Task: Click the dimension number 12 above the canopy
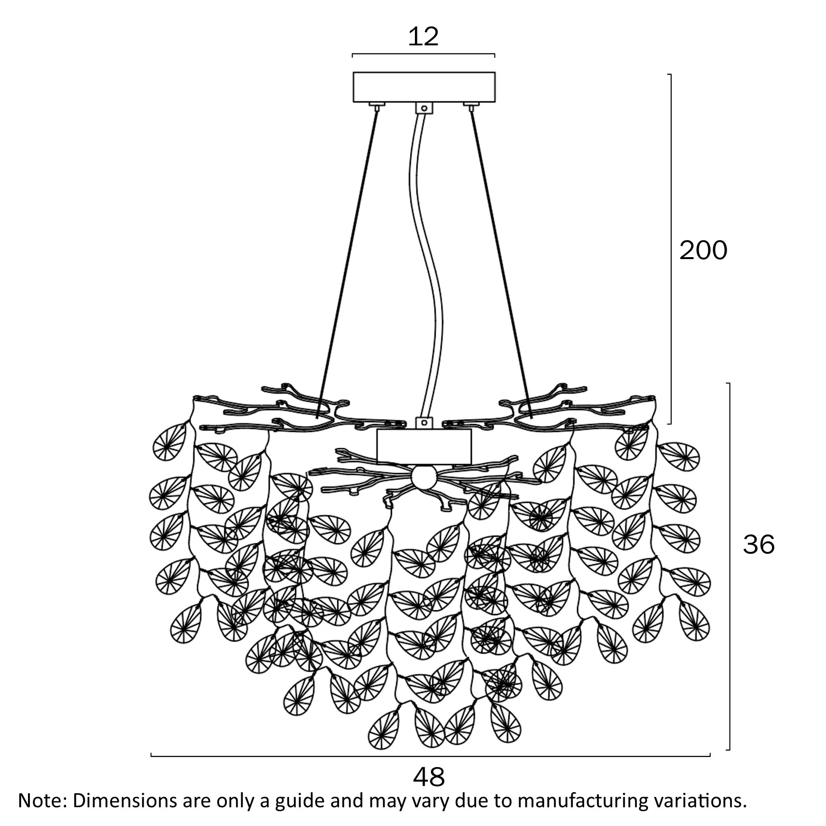click(423, 37)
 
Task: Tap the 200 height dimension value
click(703, 250)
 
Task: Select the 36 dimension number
click(758, 544)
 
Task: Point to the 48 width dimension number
click(429, 776)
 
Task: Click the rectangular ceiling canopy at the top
click(424, 87)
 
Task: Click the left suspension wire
click(347, 263)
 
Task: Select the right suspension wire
click(501, 263)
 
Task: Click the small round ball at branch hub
click(423, 477)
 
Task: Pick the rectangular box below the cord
click(424, 446)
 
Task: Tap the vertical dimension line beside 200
click(671, 249)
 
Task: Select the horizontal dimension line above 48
click(430, 756)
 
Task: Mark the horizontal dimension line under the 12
click(424, 54)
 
